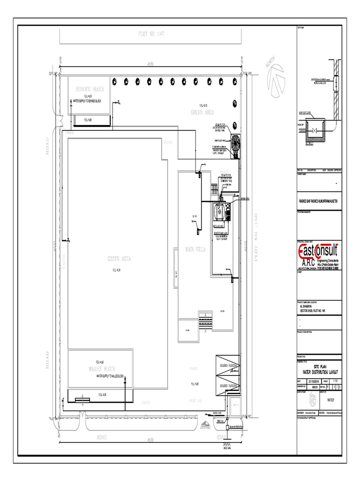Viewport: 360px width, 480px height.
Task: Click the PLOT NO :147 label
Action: tap(151, 34)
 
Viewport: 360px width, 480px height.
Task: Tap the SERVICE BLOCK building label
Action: tap(90, 89)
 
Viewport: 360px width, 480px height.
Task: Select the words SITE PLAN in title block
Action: tap(320, 367)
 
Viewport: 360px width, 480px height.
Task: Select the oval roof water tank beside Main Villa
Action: tap(218, 212)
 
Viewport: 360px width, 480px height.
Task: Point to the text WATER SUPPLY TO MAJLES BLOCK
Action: tap(110, 376)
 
